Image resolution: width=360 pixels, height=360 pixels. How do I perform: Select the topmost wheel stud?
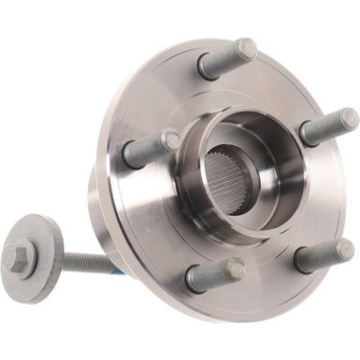224,60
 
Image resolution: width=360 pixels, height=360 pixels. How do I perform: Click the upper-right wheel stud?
327,127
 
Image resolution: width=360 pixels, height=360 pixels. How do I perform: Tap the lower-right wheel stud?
323,255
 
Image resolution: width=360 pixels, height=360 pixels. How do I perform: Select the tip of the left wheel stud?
169,139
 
